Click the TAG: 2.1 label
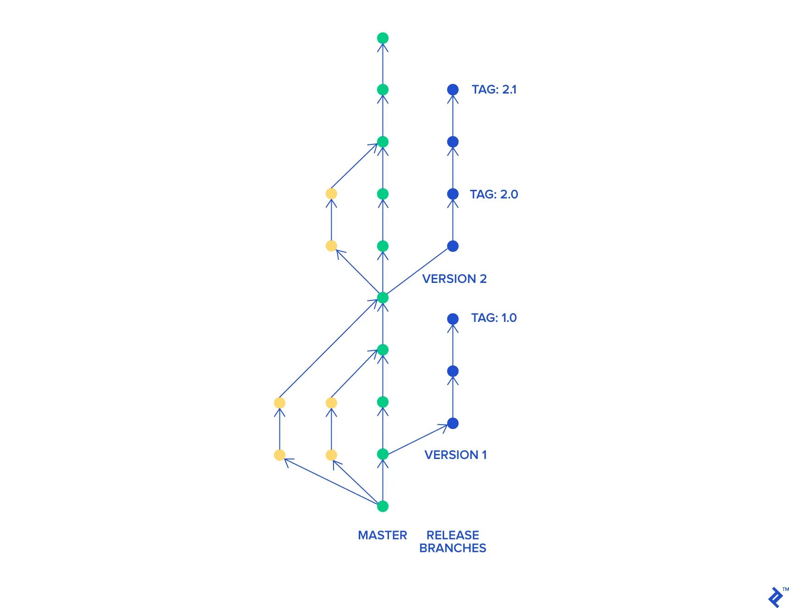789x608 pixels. (494, 89)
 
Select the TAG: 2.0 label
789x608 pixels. (494, 194)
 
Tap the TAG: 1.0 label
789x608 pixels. (494, 318)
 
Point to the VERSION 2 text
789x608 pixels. (454, 279)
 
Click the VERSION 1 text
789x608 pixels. (456, 455)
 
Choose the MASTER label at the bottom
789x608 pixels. (382, 535)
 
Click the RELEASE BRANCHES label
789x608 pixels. (453, 542)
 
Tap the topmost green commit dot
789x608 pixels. (383, 38)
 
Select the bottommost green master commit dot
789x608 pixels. (383, 506)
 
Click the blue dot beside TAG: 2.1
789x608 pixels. (453, 89)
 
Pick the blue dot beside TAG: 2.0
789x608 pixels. (453, 194)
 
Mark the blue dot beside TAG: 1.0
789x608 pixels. (453, 319)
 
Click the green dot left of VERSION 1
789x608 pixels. (383, 454)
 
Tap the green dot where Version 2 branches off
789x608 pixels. (383, 298)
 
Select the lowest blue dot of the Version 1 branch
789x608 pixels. (453, 423)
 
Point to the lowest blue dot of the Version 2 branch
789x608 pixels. (453, 246)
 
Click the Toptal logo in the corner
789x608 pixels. (776, 597)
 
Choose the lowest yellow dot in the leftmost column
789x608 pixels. (279, 455)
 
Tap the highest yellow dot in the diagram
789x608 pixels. (331, 194)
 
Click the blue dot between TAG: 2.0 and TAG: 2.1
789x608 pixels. (453, 142)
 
